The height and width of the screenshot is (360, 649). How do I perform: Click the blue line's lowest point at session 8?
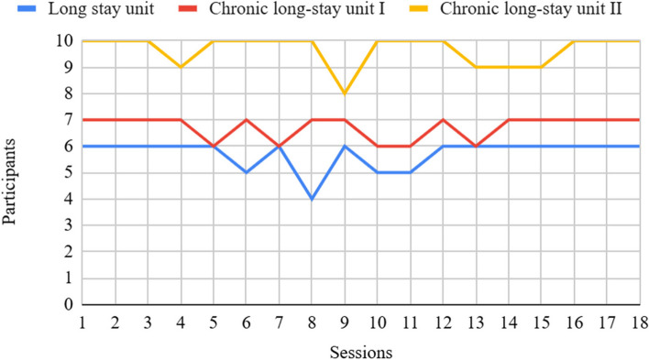point(312,199)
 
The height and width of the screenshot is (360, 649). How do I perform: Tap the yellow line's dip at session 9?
point(345,93)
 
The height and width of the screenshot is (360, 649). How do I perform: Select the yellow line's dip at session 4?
point(181,67)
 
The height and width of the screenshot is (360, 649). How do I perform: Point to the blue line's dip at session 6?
point(247,172)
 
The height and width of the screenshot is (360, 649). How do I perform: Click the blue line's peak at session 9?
point(345,147)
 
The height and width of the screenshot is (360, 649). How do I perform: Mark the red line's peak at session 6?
point(247,120)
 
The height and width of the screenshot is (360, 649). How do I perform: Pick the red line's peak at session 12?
point(443,120)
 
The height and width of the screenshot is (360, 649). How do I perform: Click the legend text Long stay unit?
point(101,8)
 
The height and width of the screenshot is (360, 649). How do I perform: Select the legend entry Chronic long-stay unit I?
point(297,8)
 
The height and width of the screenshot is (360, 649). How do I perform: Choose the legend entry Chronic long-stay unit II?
point(531,8)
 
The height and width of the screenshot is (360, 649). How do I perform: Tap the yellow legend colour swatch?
point(419,8)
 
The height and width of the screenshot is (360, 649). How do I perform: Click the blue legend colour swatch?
point(27,8)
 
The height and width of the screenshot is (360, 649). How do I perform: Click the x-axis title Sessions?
point(361,353)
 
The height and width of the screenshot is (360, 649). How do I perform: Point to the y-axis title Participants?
point(8,182)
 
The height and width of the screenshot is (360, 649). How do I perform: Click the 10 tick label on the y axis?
point(65,41)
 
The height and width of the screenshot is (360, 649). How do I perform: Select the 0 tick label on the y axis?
point(69,304)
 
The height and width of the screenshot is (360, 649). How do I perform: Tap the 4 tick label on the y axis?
point(69,199)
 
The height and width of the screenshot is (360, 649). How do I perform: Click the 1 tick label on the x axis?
point(82,322)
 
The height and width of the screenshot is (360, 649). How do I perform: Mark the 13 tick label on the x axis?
point(476,322)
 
